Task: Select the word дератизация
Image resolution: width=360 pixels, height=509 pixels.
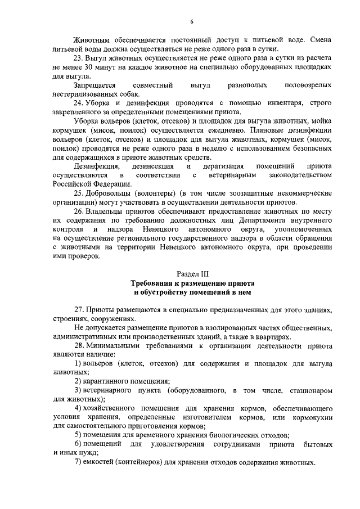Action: [x=223, y=166]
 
